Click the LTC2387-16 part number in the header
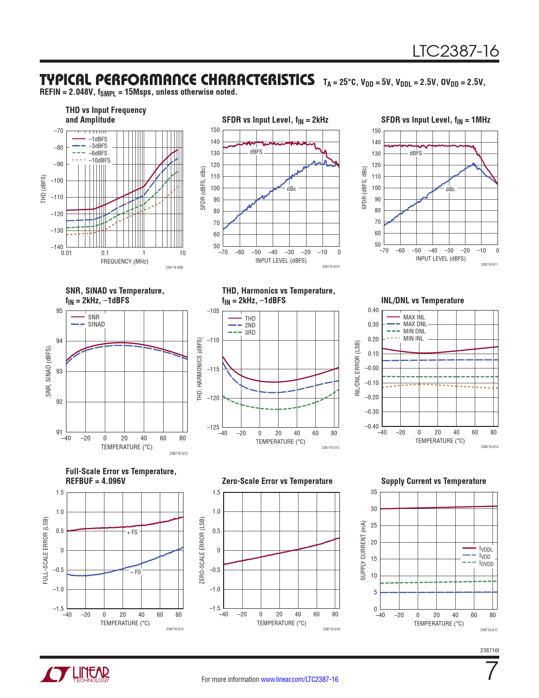click(455, 52)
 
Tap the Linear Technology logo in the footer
click(75, 674)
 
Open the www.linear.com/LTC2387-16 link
click(299, 679)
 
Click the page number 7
click(492, 671)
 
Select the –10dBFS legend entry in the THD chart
click(99, 160)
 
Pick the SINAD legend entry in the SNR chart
click(96, 324)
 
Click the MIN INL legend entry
click(413, 338)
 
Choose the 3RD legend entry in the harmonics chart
click(250, 333)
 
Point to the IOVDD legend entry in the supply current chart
click(486, 563)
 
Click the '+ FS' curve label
click(132, 532)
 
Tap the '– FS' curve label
click(135, 572)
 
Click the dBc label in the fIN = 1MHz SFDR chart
click(450, 189)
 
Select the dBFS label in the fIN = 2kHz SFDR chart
click(256, 152)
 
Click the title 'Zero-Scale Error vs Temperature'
click(277, 481)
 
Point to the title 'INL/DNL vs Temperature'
click(422, 300)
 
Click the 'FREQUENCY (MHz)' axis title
click(124, 261)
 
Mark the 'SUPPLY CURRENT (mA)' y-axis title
click(363, 550)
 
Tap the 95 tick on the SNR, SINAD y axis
click(59, 311)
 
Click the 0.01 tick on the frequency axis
click(66, 253)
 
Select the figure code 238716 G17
click(489, 630)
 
